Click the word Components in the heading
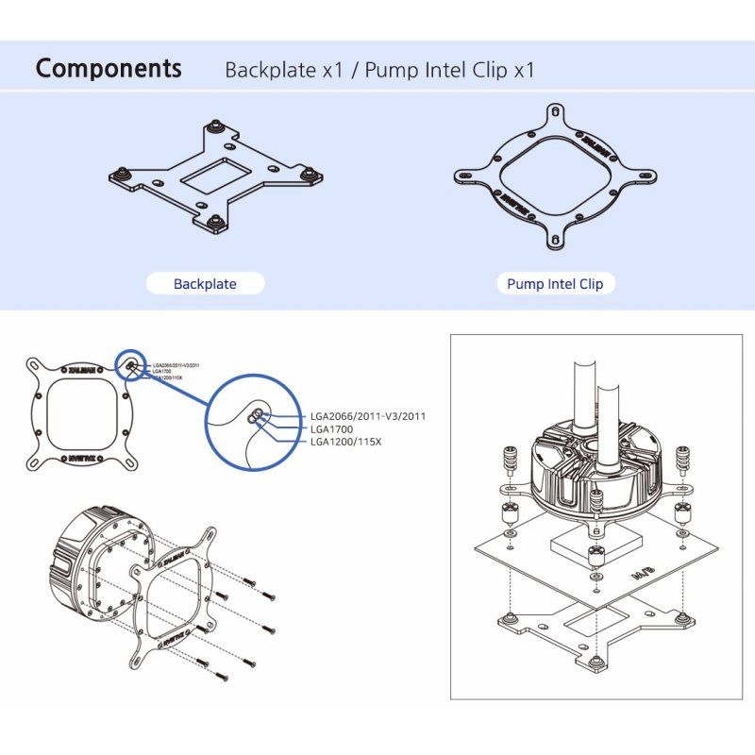coord(109,68)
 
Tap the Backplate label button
coord(205,283)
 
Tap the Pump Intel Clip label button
coord(555,283)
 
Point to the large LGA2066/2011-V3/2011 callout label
coord(374,416)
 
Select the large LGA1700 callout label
coord(332,428)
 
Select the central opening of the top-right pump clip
coord(555,179)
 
